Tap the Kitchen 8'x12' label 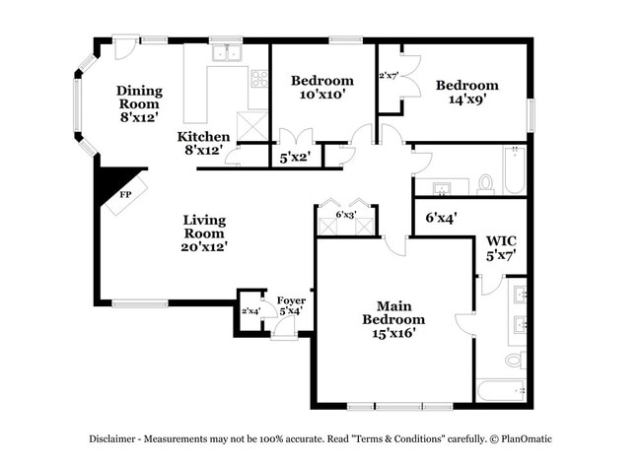(x=203, y=143)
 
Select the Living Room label (x=204, y=233)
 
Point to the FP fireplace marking (x=125, y=195)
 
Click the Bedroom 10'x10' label (x=321, y=87)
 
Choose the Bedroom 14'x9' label (x=466, y=91)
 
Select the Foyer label (x=290, y=305)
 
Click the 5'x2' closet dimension (x=295, y=156)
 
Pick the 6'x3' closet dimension (x=346, y=214)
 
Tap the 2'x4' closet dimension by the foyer (x=250, y=312)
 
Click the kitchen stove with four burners (x=259, y=78)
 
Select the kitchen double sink (x=229, y=54)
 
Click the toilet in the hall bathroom (x=484, y=183)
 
